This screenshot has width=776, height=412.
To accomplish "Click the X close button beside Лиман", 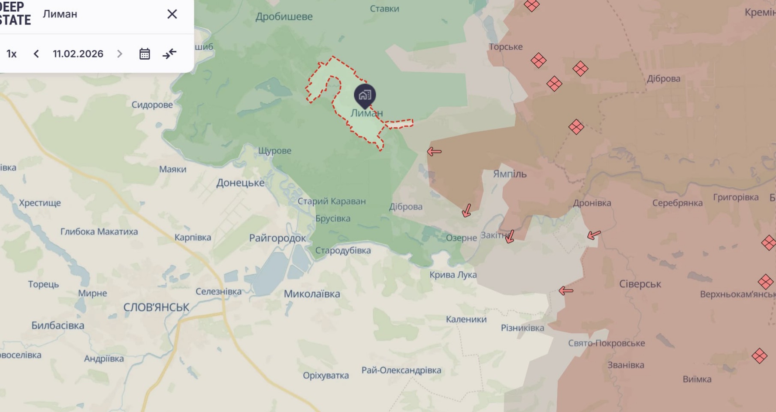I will [x=172, y=14].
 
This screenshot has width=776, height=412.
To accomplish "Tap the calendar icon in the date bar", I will [x=145, y=54].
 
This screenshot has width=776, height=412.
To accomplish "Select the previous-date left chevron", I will [x=36, y=54].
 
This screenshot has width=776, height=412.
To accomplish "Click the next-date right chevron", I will [x=120, y=54].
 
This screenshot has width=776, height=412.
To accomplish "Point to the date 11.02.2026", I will [x=78, y=54].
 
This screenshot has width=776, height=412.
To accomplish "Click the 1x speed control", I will [x=12, y=54].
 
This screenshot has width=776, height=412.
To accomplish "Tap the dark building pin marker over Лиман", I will [x=365, y=96].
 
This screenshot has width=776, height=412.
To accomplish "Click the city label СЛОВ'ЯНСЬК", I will [x=156, y=307].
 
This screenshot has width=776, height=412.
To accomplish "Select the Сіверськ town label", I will [x=640, y=284].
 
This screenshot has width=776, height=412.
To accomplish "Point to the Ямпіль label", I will [x=510, y=174].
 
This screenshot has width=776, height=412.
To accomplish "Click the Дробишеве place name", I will [x=284, y=17].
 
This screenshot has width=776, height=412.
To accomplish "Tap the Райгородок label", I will [x=278, y=238].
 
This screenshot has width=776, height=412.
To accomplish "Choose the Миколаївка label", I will [x=312, y=294].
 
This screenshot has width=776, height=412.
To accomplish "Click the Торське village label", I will [x=505, y=46].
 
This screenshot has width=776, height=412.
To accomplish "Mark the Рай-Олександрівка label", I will [x=401, y=370].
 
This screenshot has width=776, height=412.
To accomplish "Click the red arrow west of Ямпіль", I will [x=434, y=151].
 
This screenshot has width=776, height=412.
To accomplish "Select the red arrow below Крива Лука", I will [x=566, y=291].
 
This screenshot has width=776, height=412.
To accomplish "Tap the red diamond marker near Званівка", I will [x=759, y=355].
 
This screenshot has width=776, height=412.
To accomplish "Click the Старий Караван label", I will [x=332, y=201].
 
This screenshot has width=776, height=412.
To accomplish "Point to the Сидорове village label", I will [x=152, y=105].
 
